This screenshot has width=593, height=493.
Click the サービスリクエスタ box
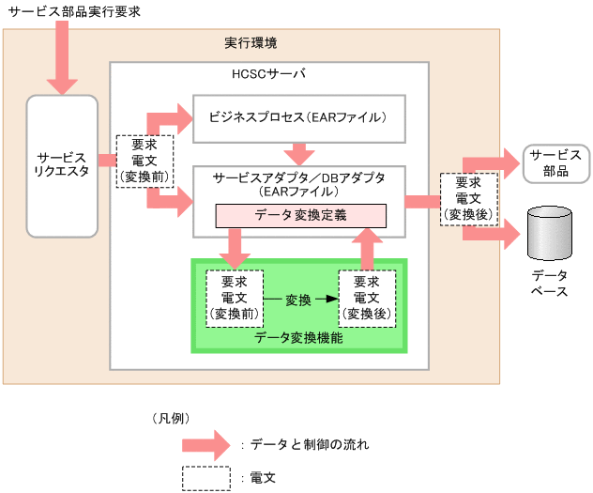(x=62, y=165)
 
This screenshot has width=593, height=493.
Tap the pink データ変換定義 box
(x=300, y=215)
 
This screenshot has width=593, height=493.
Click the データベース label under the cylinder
(x=550, y=284)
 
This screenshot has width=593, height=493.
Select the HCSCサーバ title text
(x=268, y=73)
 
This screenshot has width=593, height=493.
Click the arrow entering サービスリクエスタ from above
(x=63, y=56)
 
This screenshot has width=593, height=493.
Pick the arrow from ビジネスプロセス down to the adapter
(x=300, y=152)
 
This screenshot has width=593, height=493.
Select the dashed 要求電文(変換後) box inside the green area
(x=367, y=298)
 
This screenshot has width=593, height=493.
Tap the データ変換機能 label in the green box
(x=298, y=337)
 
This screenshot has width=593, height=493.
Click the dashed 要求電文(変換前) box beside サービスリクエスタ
(x=144, y=161)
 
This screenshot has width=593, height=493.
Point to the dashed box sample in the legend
(x=205, y=478)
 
